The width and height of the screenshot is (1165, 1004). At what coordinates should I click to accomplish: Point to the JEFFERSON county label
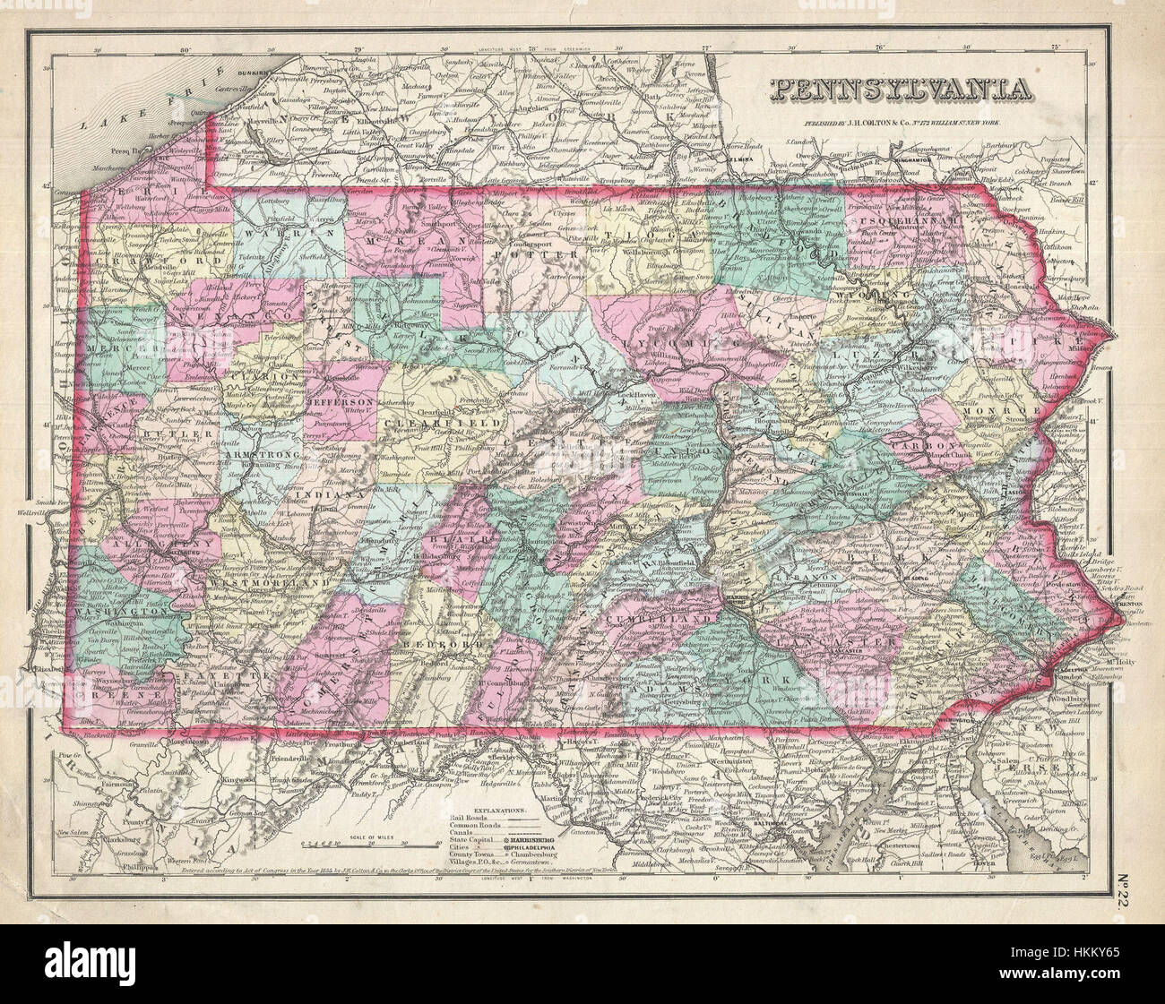[340, 404]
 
